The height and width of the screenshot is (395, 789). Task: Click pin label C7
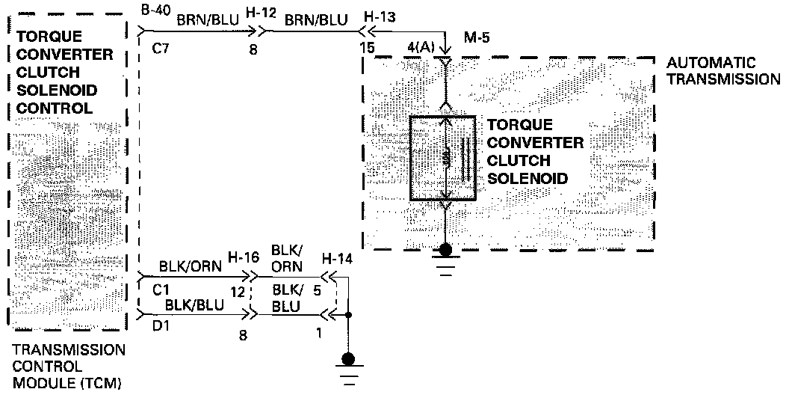pyautogui.click(x=160, y=50)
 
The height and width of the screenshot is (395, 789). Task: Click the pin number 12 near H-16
pyautogui.click(x=238, y=292)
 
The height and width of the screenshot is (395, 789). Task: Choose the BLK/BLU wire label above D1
pyautogui.click(x=186, y=305)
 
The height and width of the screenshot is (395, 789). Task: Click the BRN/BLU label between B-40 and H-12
pyautogui.click(x=208, y=21)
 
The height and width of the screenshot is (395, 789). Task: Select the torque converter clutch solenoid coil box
pyautogui.click(x=443, y=158)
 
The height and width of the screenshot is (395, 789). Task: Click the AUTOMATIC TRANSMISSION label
pyautogui.click(x=721, y=70)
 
